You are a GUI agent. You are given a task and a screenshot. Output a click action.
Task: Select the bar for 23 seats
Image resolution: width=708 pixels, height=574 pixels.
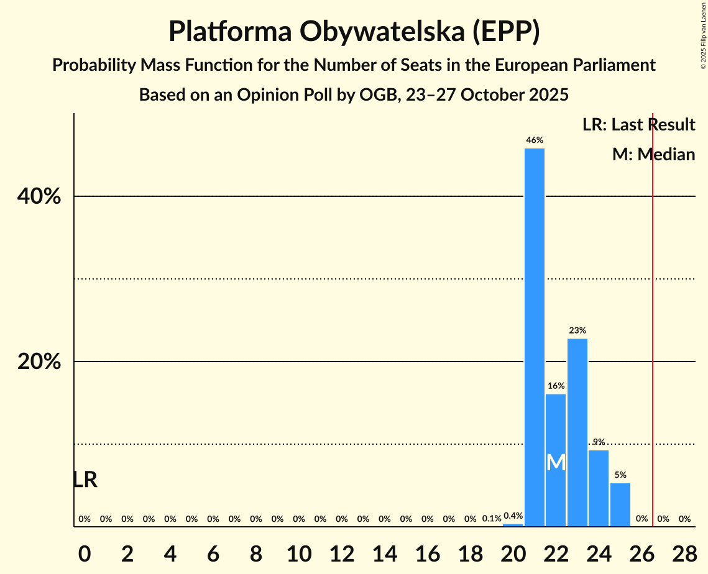[x=577, y=432]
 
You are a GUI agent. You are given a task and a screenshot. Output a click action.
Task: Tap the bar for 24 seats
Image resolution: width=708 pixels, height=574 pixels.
[x=599, y=488]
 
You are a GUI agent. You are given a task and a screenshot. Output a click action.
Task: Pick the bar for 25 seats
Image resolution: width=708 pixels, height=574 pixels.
[x=620, y=504]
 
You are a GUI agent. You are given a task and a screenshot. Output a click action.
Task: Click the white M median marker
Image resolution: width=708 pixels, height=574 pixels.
[x=556, y=462]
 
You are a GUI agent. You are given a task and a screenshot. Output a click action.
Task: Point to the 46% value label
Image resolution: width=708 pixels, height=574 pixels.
[x=534, y=140]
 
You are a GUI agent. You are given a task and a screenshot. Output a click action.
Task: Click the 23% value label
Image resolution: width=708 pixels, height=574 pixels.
[x=577, y=330]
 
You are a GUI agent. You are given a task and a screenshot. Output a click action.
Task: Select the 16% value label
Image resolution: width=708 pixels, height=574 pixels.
[x=556, y=386]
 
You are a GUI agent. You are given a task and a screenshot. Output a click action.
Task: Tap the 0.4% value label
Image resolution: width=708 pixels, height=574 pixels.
[x=513, y=516]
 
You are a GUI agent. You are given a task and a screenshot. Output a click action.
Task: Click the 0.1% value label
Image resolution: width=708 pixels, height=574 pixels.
[x=492, y=519]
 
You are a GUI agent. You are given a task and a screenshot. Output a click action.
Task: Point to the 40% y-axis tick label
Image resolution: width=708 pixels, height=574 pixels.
[x=39, y=197]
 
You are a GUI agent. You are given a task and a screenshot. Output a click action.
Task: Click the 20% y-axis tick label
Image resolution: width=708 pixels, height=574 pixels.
[x=39, y=362]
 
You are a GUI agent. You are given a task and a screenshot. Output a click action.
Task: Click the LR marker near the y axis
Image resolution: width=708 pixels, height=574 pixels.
[x=85, y=480]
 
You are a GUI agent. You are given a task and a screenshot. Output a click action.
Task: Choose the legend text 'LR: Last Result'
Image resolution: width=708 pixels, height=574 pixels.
[x=638, y=125]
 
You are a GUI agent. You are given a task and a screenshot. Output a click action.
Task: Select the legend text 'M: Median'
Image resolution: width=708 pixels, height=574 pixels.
[x=653, y=154]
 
